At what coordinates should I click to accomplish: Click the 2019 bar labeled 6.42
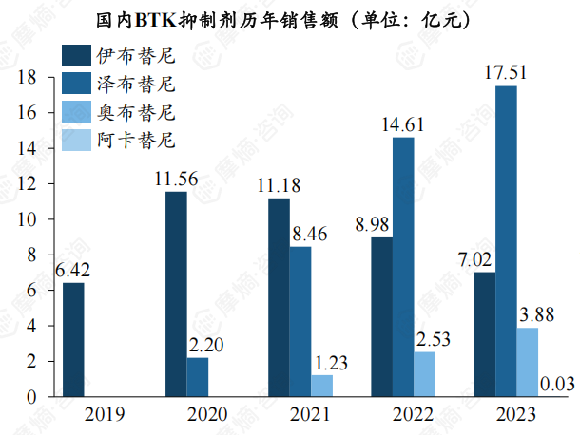tap(73, 339)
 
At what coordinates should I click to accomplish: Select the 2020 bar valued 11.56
tap(176, 293)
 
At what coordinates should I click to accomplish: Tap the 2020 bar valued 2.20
tap(198, 376)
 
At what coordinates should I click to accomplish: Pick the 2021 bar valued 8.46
tap(300, 321)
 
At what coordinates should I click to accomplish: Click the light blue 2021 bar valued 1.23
tap(322, 385)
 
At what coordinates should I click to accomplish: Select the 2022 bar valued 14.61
tap(403, 267)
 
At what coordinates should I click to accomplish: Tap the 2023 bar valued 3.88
tap(528, 362)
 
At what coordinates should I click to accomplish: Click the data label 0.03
tap(555, 383)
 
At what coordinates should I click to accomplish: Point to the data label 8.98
tap(374, 224)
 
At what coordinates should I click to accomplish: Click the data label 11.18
tap(279, 183)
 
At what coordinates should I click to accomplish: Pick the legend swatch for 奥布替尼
tap(76, 113)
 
